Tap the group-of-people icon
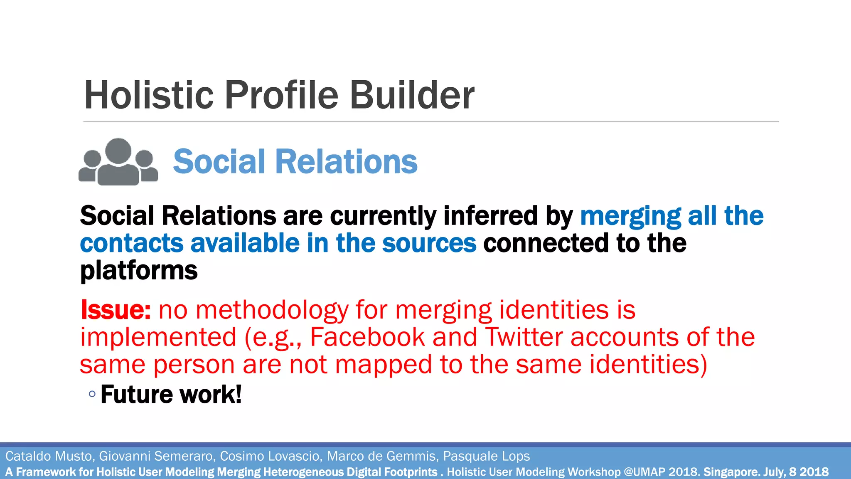pos(118,162)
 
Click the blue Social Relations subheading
pos(295,162)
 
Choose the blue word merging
pos(630,217)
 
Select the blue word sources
pos(429,243)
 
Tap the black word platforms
pos(139,271)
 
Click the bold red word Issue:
pos(116,310)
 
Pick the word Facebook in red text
pos(367,337)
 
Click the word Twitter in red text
pos(524,337)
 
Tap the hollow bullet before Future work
pos(92,394)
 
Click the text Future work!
pos(171,395)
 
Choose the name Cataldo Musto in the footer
pos(48,456)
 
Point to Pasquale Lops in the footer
pos(486,456)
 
